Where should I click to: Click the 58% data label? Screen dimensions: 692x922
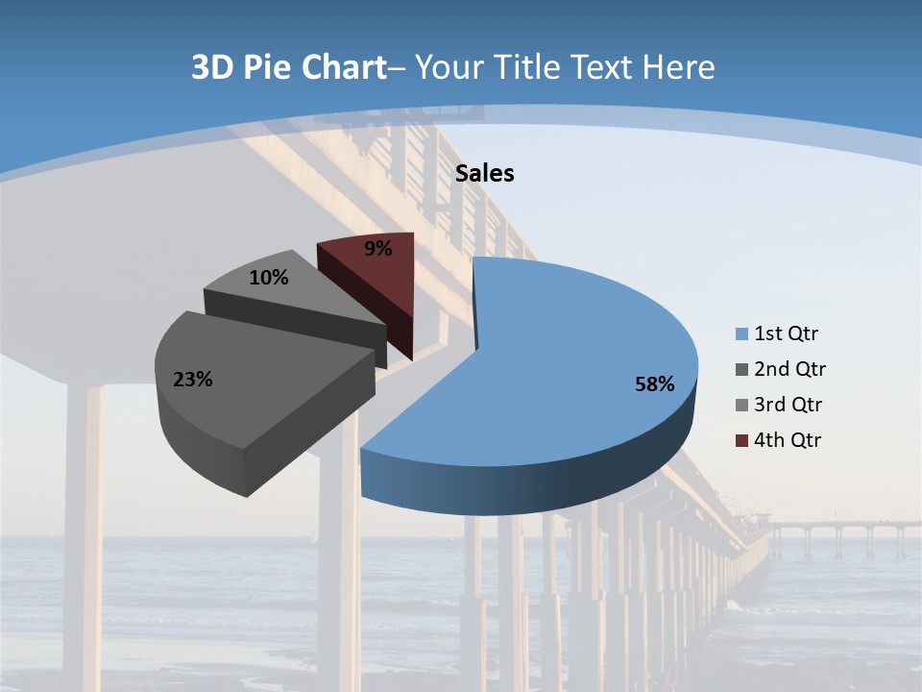(x=654, y=384)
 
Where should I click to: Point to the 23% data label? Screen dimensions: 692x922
(x=192, y=380)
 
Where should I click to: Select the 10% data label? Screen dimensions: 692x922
(x=268, y=278)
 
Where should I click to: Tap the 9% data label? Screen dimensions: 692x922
(x=377, y=249)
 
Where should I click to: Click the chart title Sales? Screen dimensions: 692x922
(x=485, y=173)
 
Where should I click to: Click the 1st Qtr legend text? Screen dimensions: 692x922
(x=787, y=334)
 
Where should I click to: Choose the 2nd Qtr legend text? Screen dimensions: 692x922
(x=789, y=369)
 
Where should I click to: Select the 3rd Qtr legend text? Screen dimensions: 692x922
(x=789, y=405)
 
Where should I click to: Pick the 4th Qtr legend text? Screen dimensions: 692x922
(x=789, y=440)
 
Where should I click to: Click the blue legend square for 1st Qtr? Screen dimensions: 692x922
(x=741, y=334)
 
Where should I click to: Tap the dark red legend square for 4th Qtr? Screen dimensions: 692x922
(x=741, y=440)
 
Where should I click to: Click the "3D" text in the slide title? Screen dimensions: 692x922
(x=211, y=67)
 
